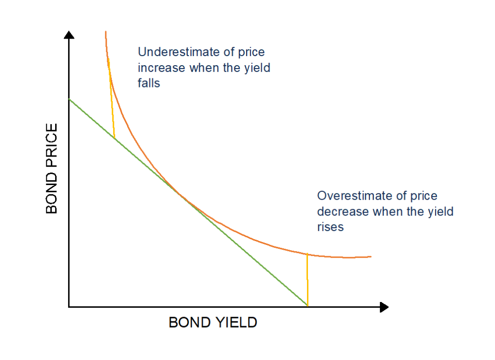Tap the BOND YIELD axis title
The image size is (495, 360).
[x=213, y=322]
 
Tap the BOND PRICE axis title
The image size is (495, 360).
[x=52, y=168]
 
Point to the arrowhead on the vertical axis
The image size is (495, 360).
[x=69, y=35]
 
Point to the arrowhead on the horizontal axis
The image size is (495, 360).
[x=384, y=307]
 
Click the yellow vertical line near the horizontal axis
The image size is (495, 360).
[x=307, y=280]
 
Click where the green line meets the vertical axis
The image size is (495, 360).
[x=69, y=99]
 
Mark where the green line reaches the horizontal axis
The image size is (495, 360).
[x=307, y=306]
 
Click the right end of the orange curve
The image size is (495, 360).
[x=370, y=256]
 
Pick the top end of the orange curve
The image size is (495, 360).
[x=105, y=32]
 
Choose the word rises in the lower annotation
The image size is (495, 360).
[x=330, y=227]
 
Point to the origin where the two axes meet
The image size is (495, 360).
[x=69, y=307]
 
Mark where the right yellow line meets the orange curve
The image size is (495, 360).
[x=307, y=253]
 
